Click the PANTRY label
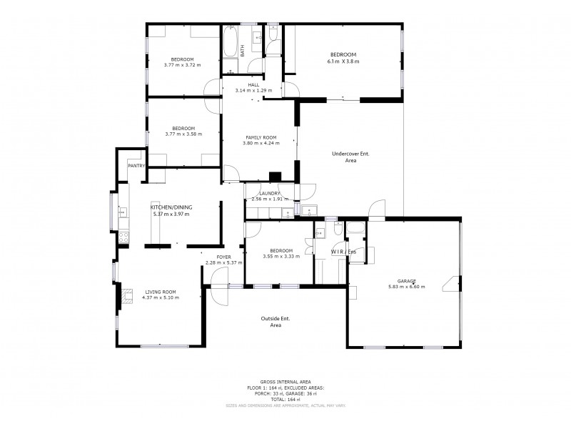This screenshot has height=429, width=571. [136, 166]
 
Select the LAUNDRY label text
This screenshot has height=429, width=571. [270, 193]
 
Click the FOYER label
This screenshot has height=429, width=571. [224, 257]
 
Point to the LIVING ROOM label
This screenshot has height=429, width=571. [161, 292]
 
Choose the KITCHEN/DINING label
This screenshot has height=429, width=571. [171, 207]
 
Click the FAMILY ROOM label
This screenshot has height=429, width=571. [261, 137]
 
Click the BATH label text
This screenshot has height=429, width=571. [242, 51]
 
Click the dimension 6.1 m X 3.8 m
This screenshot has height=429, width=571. [344, 61]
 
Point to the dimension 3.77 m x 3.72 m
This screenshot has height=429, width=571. [183, 65]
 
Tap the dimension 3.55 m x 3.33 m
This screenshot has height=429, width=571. [278, 257]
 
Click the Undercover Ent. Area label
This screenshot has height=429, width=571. [350, 157]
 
